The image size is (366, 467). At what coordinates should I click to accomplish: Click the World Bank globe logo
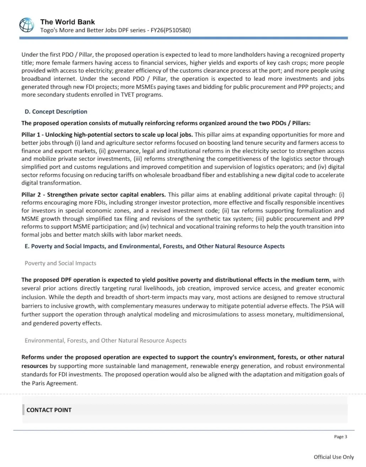[x=27, y=25]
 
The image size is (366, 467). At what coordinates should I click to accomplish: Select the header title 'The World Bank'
[x=68, y=22]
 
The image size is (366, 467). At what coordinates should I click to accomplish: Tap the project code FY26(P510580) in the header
[x=171, y=30]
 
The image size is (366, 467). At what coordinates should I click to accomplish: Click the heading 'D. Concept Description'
[x=56, y=112]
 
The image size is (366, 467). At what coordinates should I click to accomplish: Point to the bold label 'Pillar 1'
[x=31, y=135]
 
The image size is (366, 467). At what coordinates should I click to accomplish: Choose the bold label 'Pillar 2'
[x=31, y=195]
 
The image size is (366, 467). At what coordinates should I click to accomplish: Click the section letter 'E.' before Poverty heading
[x=27, y=246]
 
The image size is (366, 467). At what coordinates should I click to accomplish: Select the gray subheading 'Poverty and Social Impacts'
[x=60, y=263]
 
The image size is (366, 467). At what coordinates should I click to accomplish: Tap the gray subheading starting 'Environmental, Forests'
[x=106, y=340]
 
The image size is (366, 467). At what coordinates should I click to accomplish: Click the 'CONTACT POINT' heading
[x=49, y=410]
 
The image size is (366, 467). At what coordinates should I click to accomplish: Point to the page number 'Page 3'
[x=340, y=437]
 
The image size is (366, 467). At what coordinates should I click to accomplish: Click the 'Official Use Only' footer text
[x=334, y=457]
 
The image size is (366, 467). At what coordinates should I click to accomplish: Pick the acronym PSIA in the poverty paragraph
[x=327, y=306]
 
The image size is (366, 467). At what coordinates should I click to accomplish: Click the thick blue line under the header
[x=183, y=38]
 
